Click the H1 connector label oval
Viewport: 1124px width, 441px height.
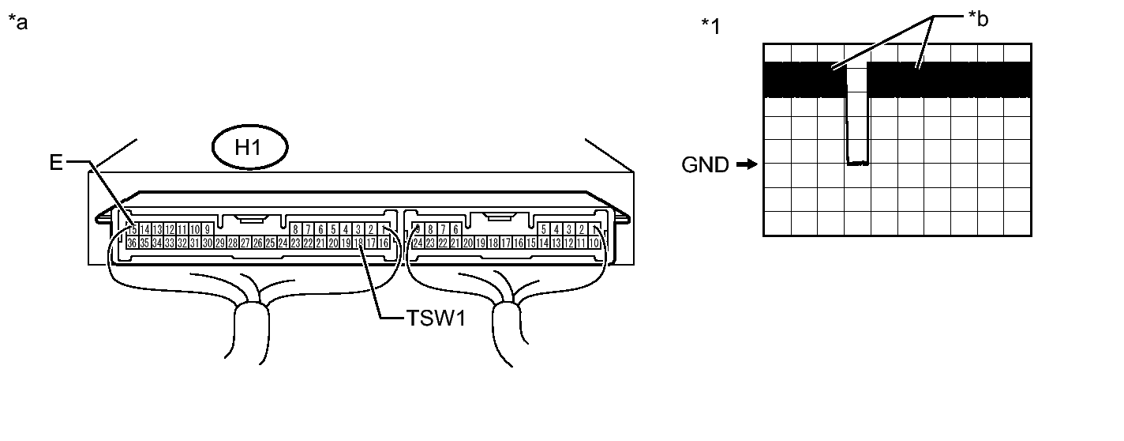tap(249, 149)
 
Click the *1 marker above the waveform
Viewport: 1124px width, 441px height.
tap(710, 26)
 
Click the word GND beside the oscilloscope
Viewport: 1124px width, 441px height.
tap(706, 165)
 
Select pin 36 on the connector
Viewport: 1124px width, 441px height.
tap(132, 243)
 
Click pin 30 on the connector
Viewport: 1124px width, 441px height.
tap(208, 243)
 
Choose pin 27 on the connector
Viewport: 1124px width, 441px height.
tap(245, 243)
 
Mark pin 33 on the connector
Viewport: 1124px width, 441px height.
tap(170, 243)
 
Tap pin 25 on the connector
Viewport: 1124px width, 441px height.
tap(270, 243)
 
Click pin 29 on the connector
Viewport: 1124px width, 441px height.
tap(220, 243)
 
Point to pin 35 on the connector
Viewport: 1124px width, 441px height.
tap(144, 243)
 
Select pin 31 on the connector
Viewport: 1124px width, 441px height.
tap(195, 243)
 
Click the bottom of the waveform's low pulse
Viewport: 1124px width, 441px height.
tap(857, 164)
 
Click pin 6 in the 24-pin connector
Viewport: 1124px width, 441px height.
tap(456, 230)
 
